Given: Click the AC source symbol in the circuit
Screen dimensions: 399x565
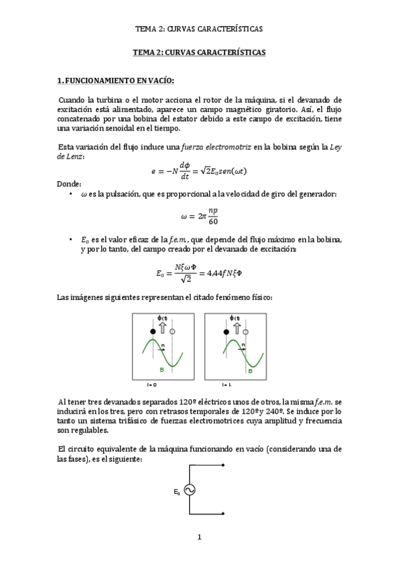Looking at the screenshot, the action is [189, 490].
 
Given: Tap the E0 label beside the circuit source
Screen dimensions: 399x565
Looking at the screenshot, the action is [177, 492].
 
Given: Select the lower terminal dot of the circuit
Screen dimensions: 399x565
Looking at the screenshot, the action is [231, 514].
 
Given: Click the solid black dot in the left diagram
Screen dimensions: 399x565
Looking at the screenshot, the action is [153, 331].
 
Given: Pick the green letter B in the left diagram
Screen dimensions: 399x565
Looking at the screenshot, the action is [161, 370].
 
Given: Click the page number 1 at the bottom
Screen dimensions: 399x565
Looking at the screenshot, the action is [199, 537].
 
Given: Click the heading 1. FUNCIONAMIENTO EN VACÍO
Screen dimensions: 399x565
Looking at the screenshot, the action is [115, 81].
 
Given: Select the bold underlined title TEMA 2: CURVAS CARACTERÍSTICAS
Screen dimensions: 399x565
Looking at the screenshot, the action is [199, 52].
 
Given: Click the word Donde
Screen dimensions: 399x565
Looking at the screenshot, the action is [69, 183].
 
